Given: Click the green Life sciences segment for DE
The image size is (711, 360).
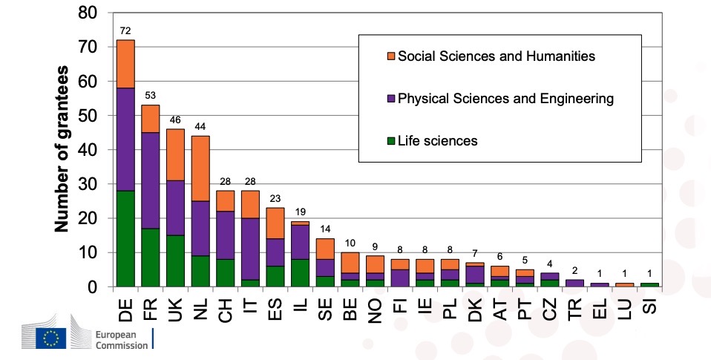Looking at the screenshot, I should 125,239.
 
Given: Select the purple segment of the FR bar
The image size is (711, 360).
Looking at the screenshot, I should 151,180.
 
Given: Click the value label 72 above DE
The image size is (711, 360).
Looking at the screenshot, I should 125,31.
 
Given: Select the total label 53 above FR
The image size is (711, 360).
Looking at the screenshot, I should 151,96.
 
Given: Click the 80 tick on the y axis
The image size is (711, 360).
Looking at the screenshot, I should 88,13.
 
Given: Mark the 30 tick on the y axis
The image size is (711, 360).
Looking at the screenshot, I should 88,184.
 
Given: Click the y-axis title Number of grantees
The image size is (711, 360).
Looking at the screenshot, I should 64,148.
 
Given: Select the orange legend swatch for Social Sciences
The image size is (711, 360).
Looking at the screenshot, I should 391,56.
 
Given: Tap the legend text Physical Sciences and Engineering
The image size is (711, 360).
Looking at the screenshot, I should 506,99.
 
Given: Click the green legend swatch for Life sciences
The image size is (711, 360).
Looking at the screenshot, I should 391,141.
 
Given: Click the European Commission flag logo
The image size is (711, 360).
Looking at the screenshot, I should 52,338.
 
